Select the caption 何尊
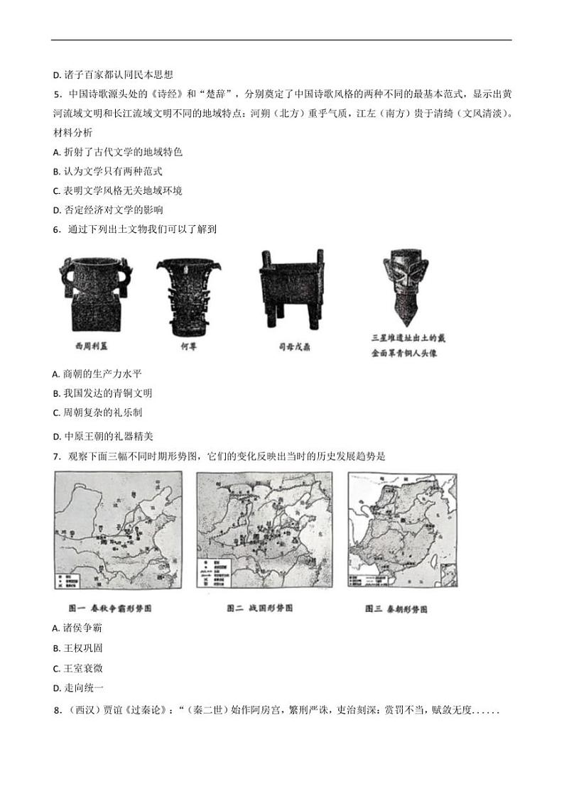[188, 347]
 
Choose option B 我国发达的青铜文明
[103, 393]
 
